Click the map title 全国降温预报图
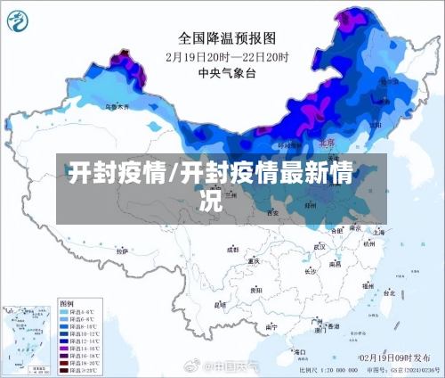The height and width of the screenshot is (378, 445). point(228,38)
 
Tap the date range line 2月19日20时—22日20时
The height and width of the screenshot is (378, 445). point(228,56)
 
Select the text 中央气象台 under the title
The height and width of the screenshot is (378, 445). point(228,73)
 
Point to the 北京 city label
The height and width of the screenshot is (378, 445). point(327,143)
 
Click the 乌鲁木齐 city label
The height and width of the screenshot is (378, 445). point(116,107)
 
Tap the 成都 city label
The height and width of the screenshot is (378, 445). point(233,251)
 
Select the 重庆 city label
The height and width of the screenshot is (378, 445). point(255,261)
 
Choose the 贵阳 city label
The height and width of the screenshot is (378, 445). point(256,290)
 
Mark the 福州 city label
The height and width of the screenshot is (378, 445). point(367,285)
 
